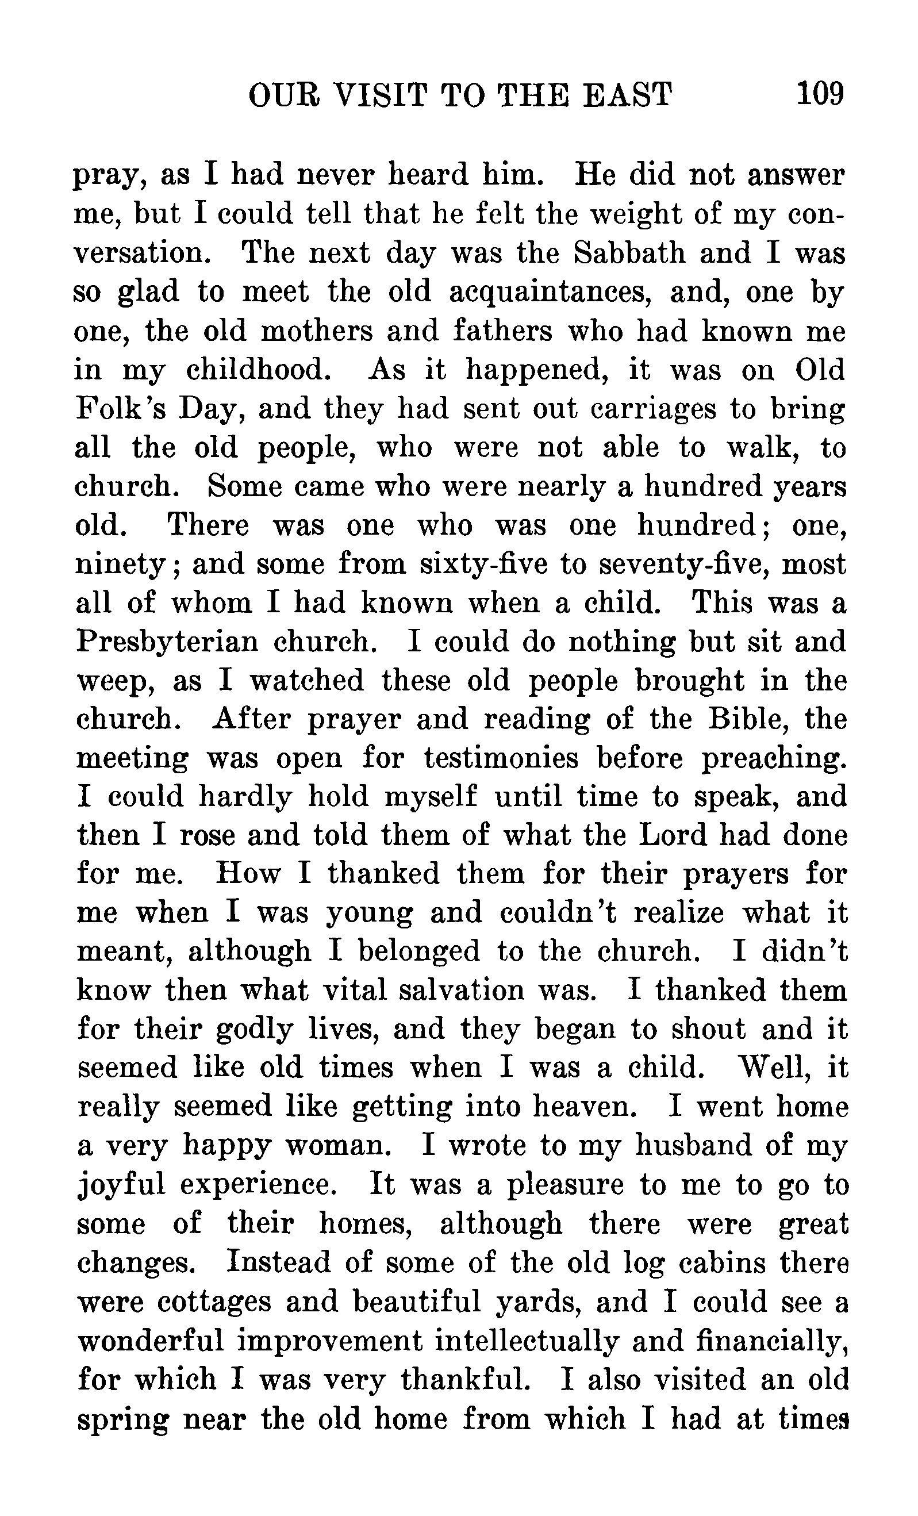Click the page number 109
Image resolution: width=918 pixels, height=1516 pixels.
820,94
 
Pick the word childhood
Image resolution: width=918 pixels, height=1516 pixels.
263,370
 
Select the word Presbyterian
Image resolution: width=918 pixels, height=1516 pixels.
167,642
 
